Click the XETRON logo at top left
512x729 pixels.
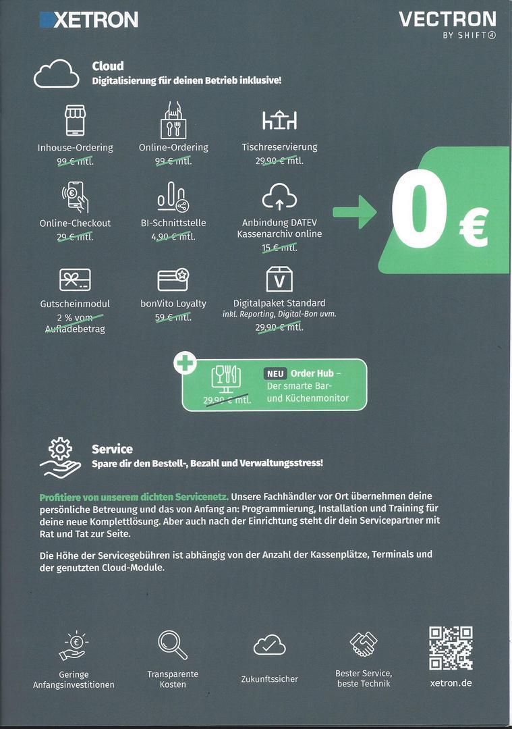coord(89,20)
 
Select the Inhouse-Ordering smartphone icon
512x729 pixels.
coord(75,120)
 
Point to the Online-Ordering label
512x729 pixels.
coord(173,147)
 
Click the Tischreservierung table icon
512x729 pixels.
coord(279,121)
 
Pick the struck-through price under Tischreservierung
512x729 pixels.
coord(279,161)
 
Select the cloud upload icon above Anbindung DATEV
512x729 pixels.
coord(279,197)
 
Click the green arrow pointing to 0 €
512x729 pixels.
coord(355,211)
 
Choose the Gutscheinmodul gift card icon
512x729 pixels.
coord(75,279)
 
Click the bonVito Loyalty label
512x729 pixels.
coord(173,303)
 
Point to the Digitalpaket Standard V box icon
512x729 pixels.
coord(279,279)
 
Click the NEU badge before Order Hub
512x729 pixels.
coord(275,373)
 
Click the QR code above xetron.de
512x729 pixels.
coord(451,648)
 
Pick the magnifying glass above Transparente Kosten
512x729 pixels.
coord(173,645)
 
